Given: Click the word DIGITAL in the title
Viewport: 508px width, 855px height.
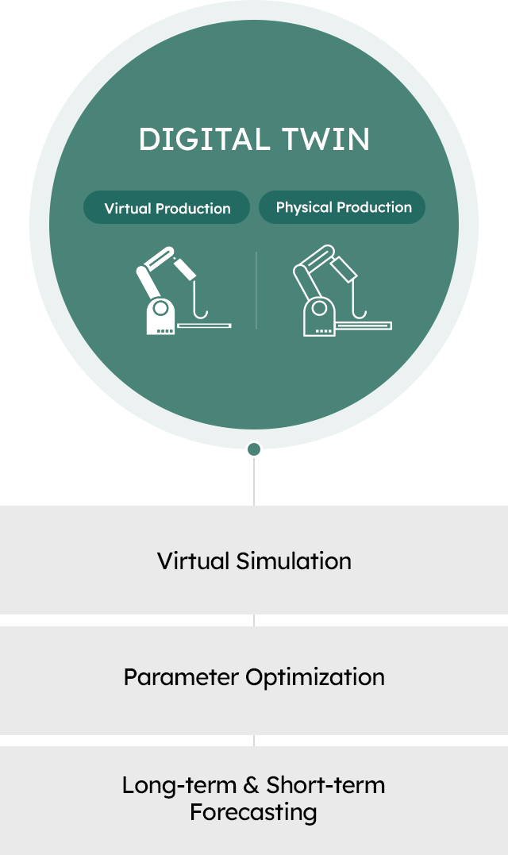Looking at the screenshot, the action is pyautogui.click(x=205, y=140).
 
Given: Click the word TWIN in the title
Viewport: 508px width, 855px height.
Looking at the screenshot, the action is pyautogui.click(x=326, y=140).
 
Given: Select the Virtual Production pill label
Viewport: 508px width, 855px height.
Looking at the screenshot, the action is pyautogui.click(x=167, y=208).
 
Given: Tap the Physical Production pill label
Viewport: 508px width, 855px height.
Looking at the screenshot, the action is pyautogui.click(x=342, y=207).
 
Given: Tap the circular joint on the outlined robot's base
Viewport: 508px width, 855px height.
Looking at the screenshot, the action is pyautogui.click(x=319, y=309).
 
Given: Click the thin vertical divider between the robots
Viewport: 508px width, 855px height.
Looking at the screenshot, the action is pyautogui.click(x=256, y=290).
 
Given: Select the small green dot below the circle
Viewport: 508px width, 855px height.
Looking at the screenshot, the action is pyautogui.click(x=254, y=449).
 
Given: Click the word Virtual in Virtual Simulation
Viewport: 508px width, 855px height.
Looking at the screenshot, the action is pyautogui.click(x=194, y=561).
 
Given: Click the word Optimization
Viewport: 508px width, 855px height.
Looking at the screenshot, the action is pyautogui.click(x=315, y=677).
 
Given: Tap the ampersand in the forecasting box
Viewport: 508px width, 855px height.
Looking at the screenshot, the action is pyautogui.click(x=251, y=786).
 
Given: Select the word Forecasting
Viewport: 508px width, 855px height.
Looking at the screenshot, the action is pyautogui.click(x=253, y=812).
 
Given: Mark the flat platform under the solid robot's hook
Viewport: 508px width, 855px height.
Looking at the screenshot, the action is pyautogui.click(x=205, y=326).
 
